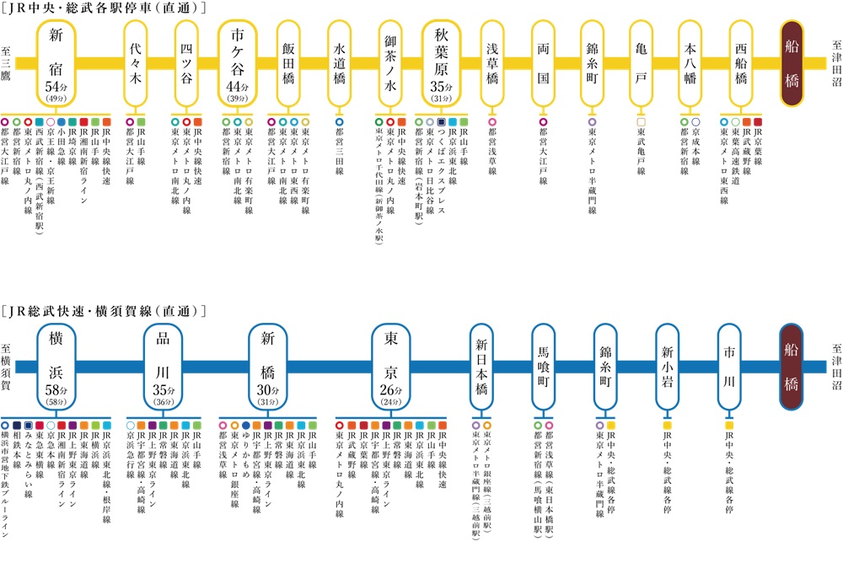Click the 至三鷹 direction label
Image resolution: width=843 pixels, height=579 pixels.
pos(7,62)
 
